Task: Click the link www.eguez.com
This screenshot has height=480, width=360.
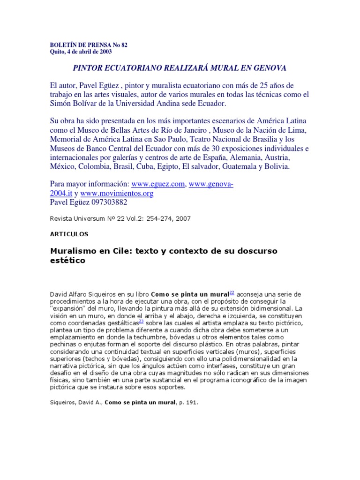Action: [x=158, y=184]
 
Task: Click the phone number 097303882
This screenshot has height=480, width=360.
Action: [x=110, y=202]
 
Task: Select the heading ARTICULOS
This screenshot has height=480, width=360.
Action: [x=69, y=233]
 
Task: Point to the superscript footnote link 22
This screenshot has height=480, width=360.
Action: [x=232, y=292]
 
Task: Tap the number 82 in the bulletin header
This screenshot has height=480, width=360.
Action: [x=124, y=45]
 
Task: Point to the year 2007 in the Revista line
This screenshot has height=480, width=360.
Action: [x=182, y=218]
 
